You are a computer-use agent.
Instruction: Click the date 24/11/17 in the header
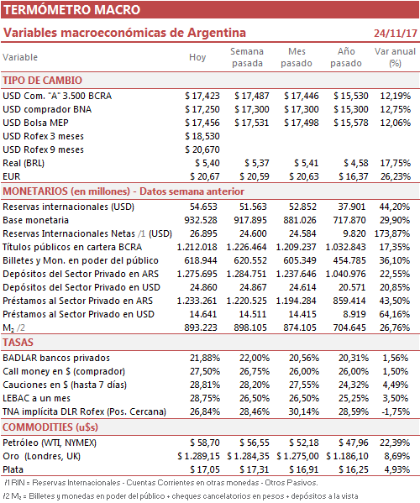tap(396, 33)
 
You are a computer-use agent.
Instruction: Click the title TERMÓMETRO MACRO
tap(72, 9)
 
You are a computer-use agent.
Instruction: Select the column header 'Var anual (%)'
tap(395, 57)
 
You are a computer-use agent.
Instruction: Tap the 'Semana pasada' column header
tap(247, 57)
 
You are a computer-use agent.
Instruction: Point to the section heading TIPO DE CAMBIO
tap(42, 81)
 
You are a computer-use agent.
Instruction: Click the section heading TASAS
tap(18, 343)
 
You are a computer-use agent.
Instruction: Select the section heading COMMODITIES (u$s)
tap(50, 427)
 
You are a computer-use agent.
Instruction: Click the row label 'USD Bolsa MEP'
tap(35, 123)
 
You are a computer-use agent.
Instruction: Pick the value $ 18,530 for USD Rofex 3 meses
tap(202, 136)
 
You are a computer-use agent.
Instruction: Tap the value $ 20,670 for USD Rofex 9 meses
tap(202, 149)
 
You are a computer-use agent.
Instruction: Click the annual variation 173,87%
tap(392, 233)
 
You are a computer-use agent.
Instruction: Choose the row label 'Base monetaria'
tap(35, 220)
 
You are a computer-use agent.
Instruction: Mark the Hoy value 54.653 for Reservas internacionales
tap(203, 207)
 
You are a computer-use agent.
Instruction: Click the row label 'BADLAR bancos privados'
tap(56, 358)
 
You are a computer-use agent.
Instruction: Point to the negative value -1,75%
tap(396, 412)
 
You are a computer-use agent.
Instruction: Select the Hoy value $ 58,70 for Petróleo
tap(205, 443)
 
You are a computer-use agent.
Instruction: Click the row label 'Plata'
tap(13, 470)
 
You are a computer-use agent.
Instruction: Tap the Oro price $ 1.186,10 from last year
tap(347, 457)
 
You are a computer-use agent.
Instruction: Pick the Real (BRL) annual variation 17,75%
tap(396, 163)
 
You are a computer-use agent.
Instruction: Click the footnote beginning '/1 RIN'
tap(160, 483)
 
